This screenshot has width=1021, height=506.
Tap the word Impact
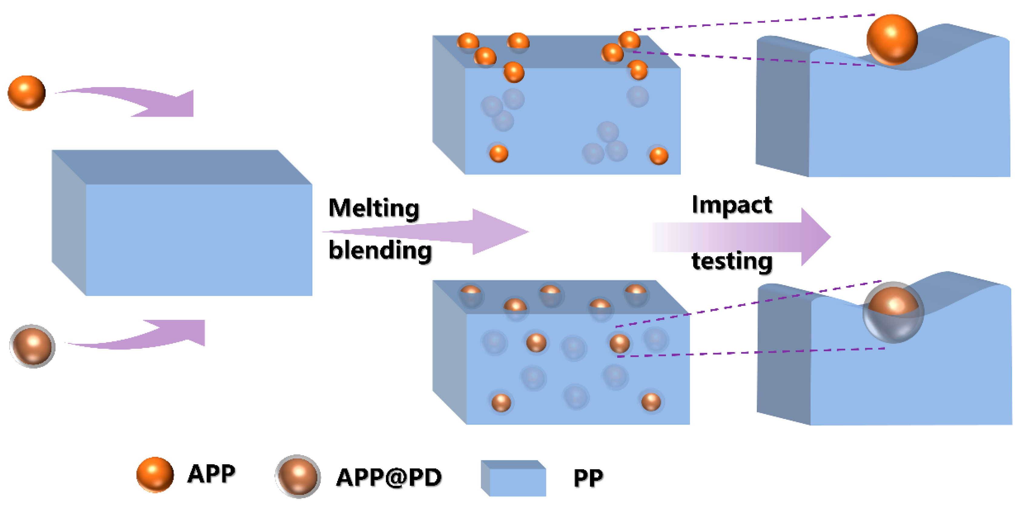point(732,205)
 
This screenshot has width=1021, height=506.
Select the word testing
point(732,261)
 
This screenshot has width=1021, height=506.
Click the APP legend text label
point(211,474)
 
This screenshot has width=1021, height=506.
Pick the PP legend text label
point(588,478)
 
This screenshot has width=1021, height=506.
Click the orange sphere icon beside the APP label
point(155,474)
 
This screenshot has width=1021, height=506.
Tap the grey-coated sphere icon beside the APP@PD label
point(298,476)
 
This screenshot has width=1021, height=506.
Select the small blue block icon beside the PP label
point(514,478)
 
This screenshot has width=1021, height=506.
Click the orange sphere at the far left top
point(27,93)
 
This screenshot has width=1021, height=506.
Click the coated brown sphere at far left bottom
point(32,346)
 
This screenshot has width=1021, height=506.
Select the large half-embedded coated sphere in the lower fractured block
point(893,312)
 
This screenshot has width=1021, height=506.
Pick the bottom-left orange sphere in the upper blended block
point(499,154)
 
